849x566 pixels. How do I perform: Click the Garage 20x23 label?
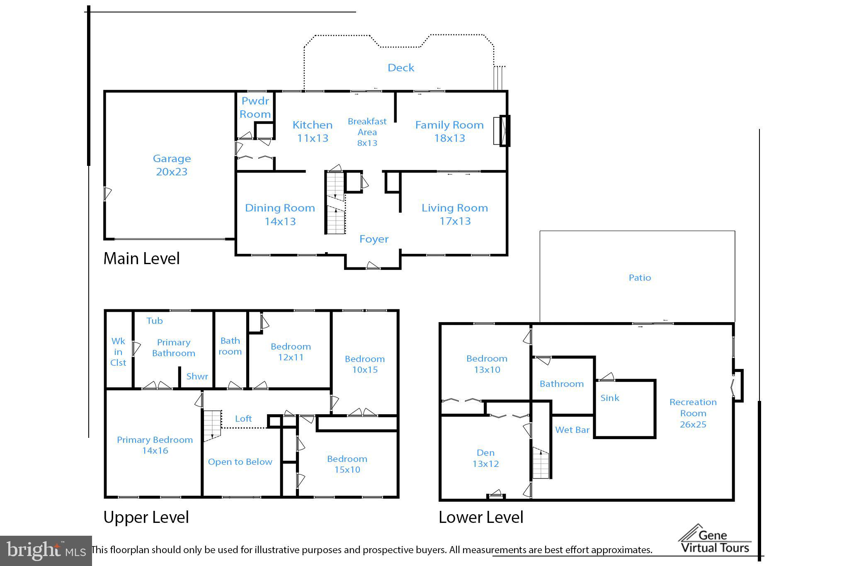point(172,165)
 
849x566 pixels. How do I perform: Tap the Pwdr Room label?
point(255,107)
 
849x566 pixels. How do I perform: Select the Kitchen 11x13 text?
point(313,131)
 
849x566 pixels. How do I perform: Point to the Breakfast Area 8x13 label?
point(367,132)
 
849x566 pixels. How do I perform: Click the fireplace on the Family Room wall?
point(501,131)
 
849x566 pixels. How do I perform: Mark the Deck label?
point(401,68)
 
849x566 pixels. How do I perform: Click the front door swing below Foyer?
point(373,266)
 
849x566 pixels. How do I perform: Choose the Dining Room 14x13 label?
point(280,214)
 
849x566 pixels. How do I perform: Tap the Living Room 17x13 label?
point(455,214)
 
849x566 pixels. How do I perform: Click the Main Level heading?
point(141,258)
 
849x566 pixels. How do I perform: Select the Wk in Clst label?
point(118,352)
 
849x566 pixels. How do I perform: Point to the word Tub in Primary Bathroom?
point(155,321)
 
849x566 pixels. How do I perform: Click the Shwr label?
point(197,376)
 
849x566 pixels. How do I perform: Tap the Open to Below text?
point(240,462)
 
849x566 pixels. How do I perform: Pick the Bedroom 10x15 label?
point(365,364)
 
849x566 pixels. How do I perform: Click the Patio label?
point(640,277)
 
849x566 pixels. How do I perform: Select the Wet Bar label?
point(572,430)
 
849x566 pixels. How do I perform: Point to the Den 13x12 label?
point(485,458)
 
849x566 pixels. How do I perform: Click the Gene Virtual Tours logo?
point(715,540)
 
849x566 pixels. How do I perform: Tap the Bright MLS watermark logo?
point(46,551)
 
